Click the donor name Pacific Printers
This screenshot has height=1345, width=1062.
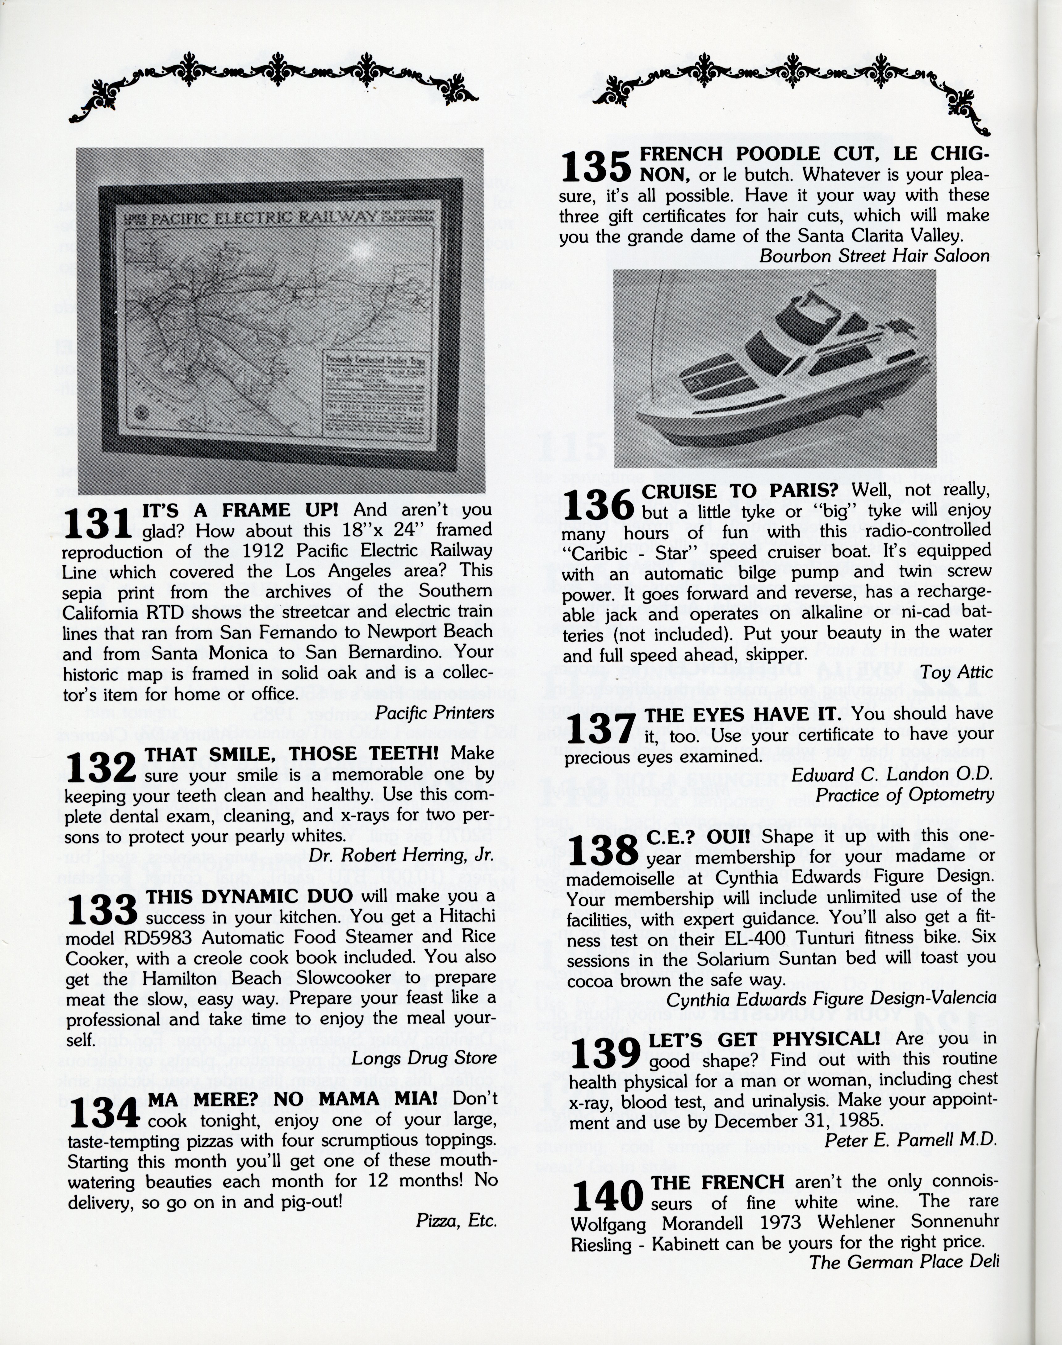(435, 713)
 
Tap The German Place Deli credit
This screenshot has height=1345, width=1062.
(903, 1262)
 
